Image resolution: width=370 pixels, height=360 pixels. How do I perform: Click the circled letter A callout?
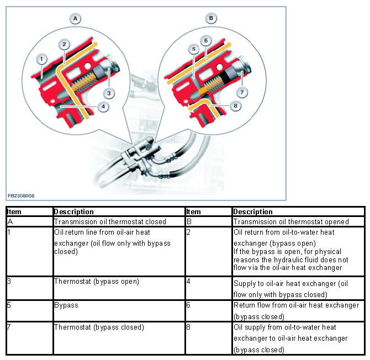[76, 19]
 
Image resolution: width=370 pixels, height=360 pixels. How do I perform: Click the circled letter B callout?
[210, 19]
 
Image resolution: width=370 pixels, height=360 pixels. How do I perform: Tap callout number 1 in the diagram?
[41, 58]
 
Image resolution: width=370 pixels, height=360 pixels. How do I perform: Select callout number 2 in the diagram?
[65, 44]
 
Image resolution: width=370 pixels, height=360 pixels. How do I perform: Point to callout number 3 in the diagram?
[110, 93]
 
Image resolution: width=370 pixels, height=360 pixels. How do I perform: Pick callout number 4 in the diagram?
[104, 106]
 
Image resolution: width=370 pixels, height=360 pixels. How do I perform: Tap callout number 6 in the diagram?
[205, 41]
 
